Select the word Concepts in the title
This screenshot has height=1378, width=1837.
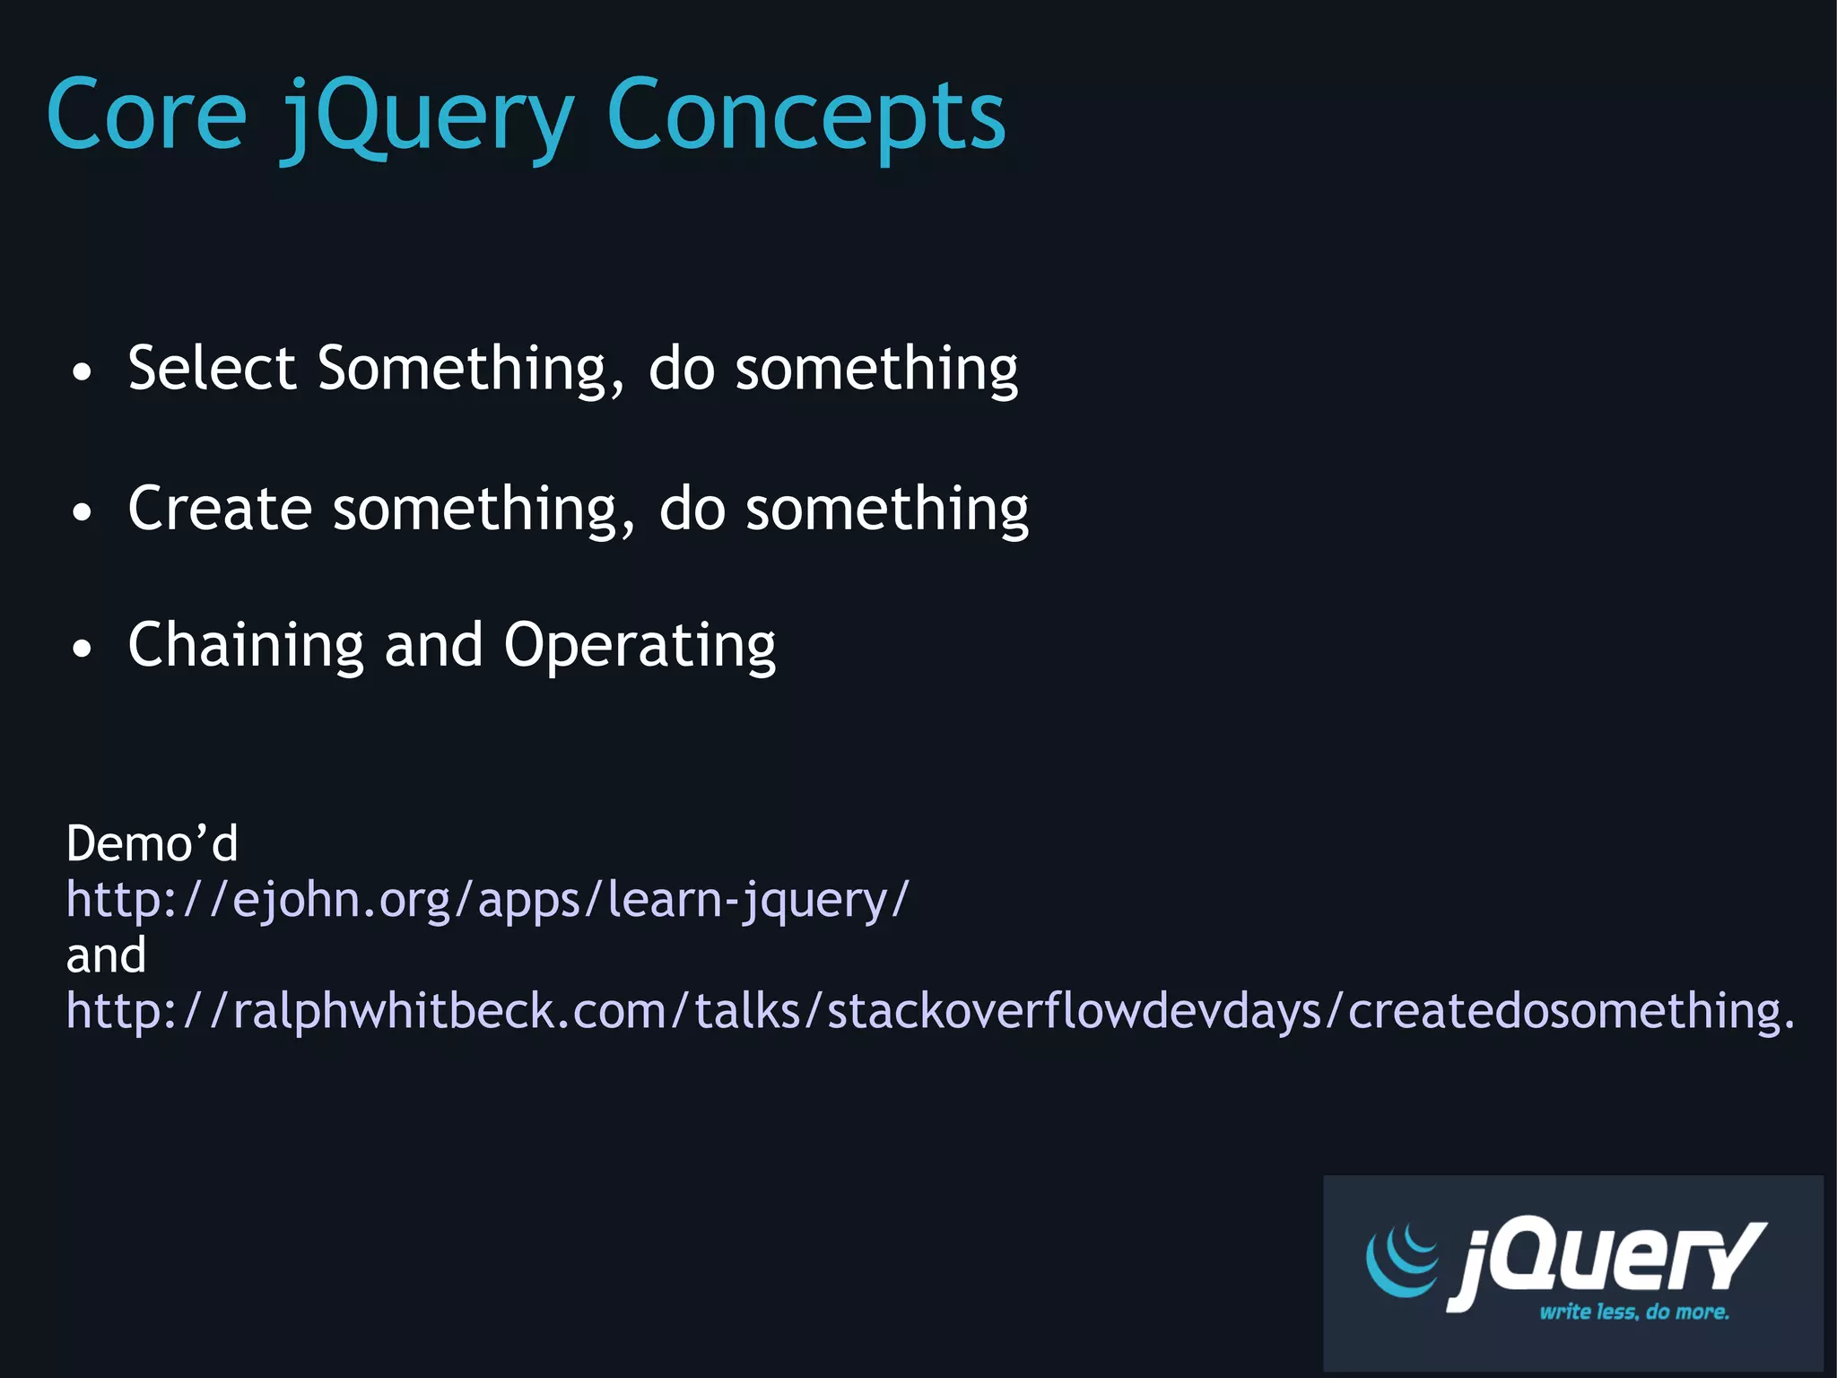tap(805, 117)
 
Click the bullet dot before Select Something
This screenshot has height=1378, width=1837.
tap(82, 372)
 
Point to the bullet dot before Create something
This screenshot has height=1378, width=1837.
tap(82, 512)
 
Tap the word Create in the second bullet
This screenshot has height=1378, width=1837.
tap(219, 509)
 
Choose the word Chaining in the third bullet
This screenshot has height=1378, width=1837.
tap(245, 646)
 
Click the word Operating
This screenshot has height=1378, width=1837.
tap(639, 646)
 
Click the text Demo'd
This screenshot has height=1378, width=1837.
tap(152, 843)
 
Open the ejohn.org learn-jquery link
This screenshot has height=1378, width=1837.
tap(487, 899)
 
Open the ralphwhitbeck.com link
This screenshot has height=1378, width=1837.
tap(929, 1011)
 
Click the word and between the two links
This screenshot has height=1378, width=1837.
tap(106, 955)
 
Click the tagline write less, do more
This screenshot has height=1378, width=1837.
tap(1633, 1312)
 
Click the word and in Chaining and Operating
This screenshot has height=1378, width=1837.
tap(433, 646)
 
